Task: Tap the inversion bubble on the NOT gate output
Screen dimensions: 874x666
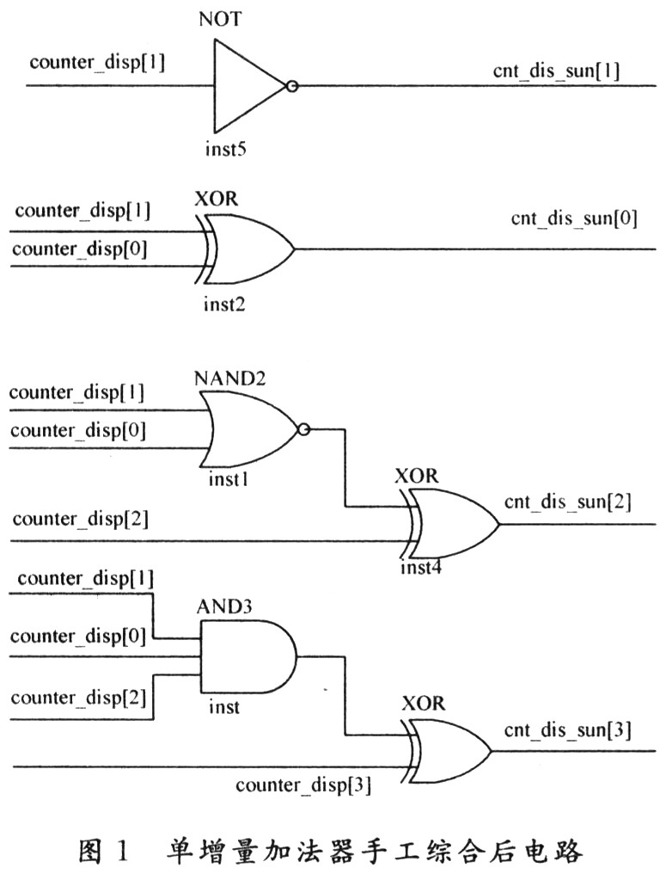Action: (x=292, y=86)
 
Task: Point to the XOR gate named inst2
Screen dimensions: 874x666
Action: (x=250, y=249)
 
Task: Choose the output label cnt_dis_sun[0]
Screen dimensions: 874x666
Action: (x=573, y=219)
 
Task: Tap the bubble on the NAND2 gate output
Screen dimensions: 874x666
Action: (x=302, y=428)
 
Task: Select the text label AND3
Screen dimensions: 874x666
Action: (x=228, y=606)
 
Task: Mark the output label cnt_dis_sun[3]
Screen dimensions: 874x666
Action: (x=568, y=731)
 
